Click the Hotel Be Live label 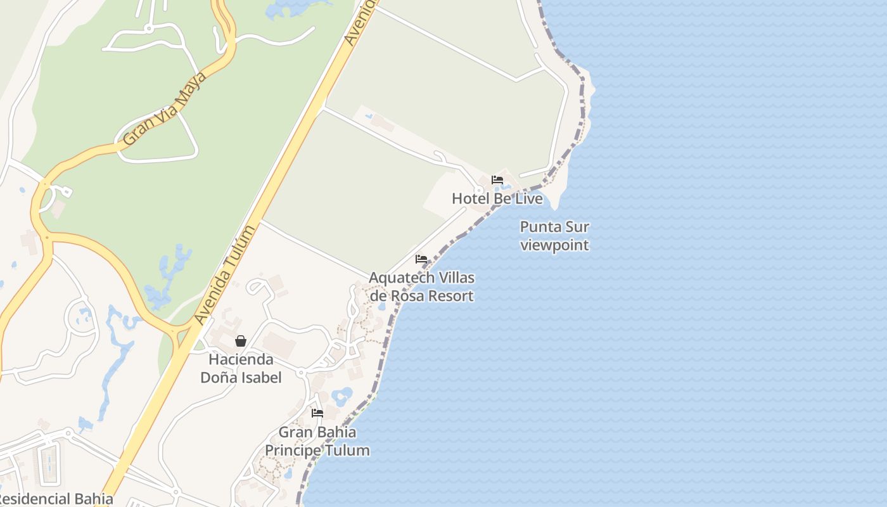(x=497, y=198)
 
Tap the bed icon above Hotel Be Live (x=497, y=180)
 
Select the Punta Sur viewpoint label (x=554, y=236)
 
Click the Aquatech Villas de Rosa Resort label (x=421, y=286)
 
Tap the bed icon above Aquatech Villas (x=421, y=259)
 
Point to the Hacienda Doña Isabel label (x=241, y=368)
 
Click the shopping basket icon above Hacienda (x=241, y=341)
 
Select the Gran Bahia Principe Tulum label (x=317, y=441)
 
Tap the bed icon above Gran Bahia (x=317, y=413)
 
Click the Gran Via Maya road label (x=165, y=108)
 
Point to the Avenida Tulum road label (x=226, y=274)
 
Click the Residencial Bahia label (x=56, y=499)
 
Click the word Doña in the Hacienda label (x=217, y=377)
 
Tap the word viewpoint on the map (x=554, y=245)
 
